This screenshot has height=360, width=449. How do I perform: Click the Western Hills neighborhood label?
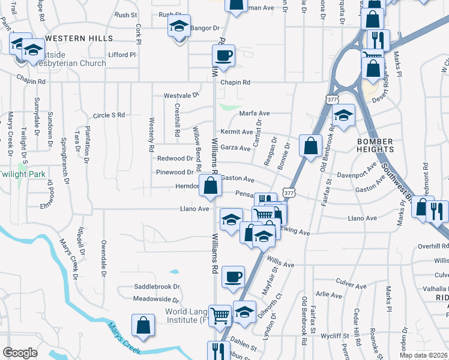(x=79, y=38)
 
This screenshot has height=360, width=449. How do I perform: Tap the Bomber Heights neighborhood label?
(x=375, y=145)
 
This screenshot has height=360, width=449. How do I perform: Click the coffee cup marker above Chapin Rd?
(x=223, y=56)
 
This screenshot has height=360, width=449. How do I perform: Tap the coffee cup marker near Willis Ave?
(x=233, y=277)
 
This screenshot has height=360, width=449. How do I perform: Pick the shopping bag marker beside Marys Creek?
(x=144, y=326)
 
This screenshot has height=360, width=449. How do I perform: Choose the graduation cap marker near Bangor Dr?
(x=178, y=26)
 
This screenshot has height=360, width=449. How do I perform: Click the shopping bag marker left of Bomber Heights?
(x=310, y=145)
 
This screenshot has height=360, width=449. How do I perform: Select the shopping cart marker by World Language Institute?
(x=220, y=314)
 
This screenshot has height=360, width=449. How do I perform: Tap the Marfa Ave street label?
(x=255, y=113)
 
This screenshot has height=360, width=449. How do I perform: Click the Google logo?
(x=20, y=353)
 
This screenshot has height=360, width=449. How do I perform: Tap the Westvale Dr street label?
(x=181, y=95)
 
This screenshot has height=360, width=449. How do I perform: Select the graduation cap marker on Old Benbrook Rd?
(x=344, y=116)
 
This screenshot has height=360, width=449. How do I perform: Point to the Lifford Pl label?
(x=122, y=55)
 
